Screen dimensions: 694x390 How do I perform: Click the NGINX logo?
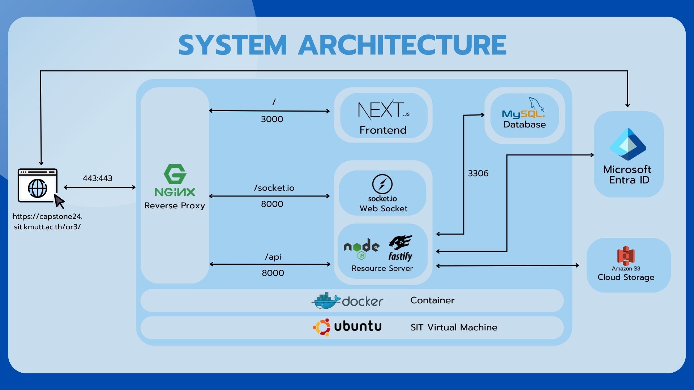[x=175, y=181]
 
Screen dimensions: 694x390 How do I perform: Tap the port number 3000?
[x=272, y=119]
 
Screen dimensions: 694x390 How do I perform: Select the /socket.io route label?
[x=274, y=188]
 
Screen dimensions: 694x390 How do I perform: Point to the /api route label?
[x=273, y=257]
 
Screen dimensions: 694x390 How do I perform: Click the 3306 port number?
[x=478, y=173]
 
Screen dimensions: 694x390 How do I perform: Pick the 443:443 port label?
[x=98, y=178]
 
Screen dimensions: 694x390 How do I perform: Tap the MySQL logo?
[x=523, y=108]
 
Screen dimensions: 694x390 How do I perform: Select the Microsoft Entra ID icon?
[x=628, y=144]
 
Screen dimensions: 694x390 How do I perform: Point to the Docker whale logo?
[x=326, y=301]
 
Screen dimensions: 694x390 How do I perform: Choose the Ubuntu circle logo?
[x=322, y=327]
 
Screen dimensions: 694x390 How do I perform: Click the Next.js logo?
[x=384, y=110]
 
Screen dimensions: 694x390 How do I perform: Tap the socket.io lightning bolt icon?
[x=382, y=184]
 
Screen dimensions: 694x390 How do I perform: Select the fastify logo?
[x=400, y=248]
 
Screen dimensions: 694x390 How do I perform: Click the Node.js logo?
[x=361, y=248]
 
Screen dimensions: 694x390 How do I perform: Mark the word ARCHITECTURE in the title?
[x=402, y=45]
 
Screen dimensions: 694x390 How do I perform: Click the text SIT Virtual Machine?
[x=454, y=328]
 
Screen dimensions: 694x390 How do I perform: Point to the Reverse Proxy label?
[x=175, y=206]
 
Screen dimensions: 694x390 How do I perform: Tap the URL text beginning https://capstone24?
[x=47, y=222]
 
